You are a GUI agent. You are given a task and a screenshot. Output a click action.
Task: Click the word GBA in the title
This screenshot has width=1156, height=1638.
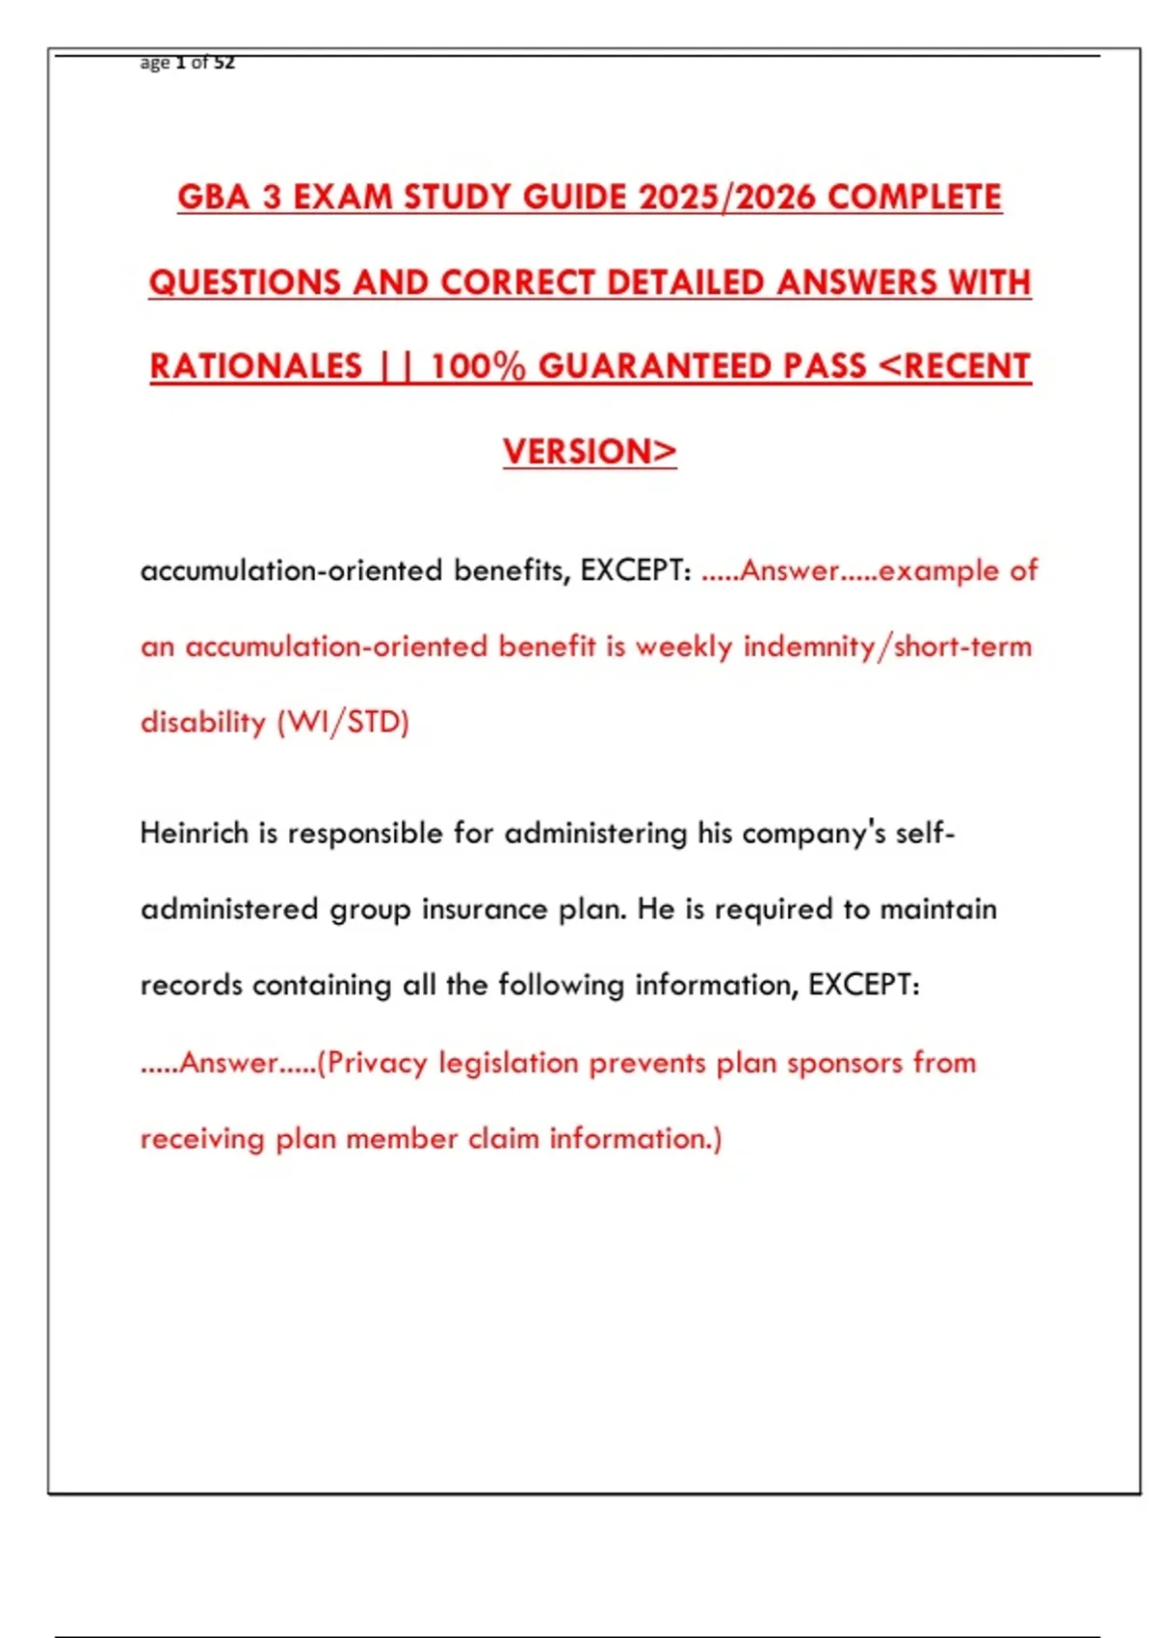(x=215, y=198)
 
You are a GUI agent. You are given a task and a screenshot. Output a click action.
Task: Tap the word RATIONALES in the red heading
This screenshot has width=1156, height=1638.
(x=256, y=367)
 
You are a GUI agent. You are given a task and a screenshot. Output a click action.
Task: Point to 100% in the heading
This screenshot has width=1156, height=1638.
(x=478, y=367)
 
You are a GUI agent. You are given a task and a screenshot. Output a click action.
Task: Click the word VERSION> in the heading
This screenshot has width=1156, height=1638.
(x=590, y=452)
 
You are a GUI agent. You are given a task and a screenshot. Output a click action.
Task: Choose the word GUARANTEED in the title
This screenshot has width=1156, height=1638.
(x=702, y=367)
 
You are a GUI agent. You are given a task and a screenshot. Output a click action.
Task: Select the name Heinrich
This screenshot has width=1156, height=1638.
(x=194, y=832)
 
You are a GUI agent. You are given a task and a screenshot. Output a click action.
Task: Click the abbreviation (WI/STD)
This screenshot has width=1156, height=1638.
(x=343, y=723)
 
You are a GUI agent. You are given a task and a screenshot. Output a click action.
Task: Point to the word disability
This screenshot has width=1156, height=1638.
(x=202, y=723)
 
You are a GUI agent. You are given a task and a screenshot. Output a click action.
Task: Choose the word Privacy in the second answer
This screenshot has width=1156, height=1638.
(x=377, y=1063)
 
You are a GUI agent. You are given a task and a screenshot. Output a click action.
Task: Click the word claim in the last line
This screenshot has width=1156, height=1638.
(x=504, y=1139)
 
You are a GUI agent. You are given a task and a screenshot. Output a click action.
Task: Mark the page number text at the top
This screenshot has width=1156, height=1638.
(x=188, y=64)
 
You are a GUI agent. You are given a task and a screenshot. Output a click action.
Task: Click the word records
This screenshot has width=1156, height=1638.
(x=191, y=985)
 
